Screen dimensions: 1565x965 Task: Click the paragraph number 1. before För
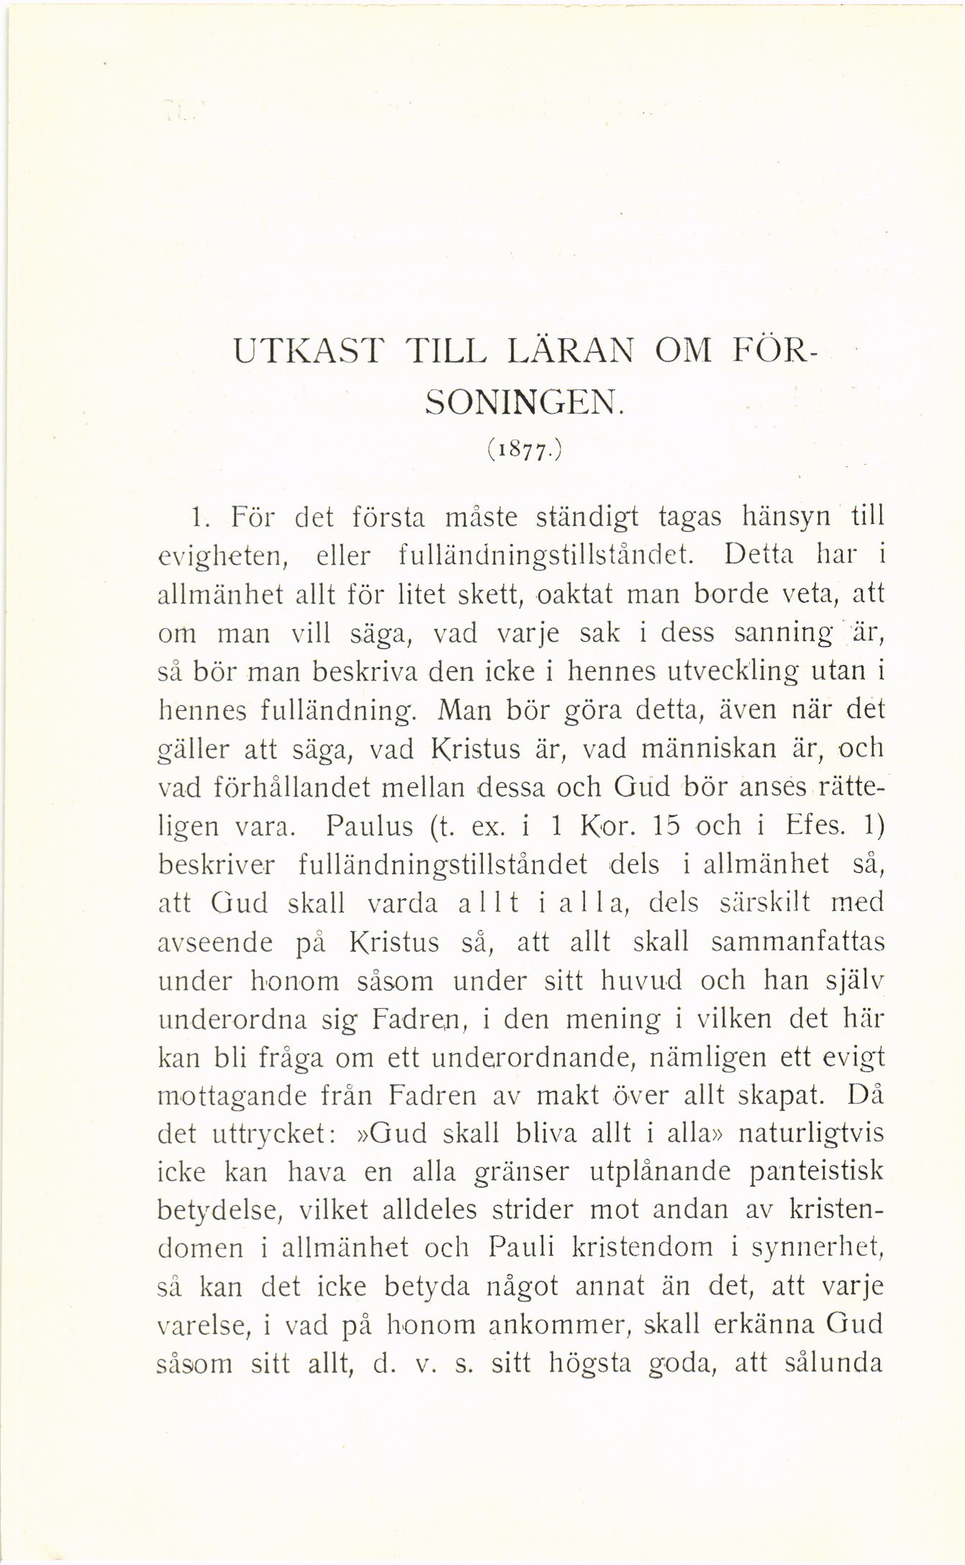201,517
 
